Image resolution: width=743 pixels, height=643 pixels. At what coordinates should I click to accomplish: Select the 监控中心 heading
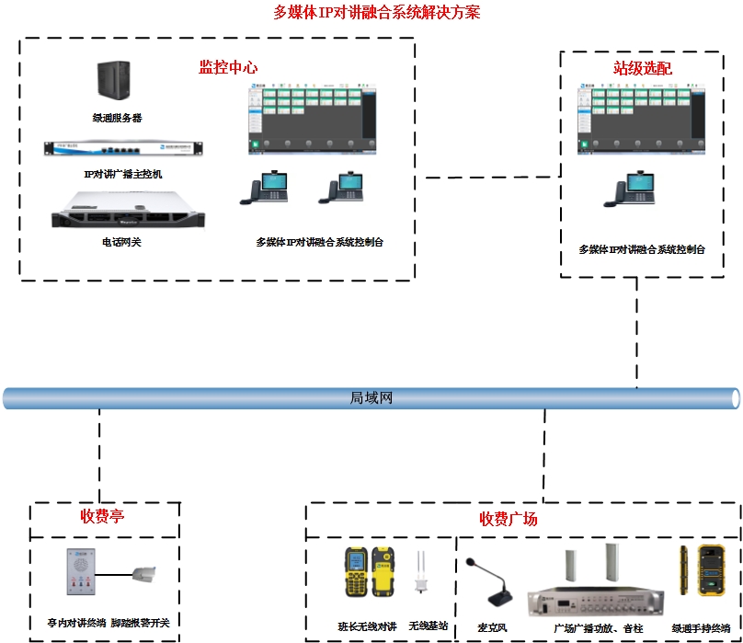(228, 67)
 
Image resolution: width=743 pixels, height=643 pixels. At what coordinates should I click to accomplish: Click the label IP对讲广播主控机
(122, 173)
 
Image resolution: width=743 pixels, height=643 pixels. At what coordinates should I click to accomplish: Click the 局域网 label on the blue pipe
(371, 398)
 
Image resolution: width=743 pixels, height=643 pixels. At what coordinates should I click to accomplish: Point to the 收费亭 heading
(102, 517)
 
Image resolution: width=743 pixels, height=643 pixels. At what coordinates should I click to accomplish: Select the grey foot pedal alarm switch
(148, 579)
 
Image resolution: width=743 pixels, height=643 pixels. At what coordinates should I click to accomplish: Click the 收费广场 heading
(509, 519)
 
